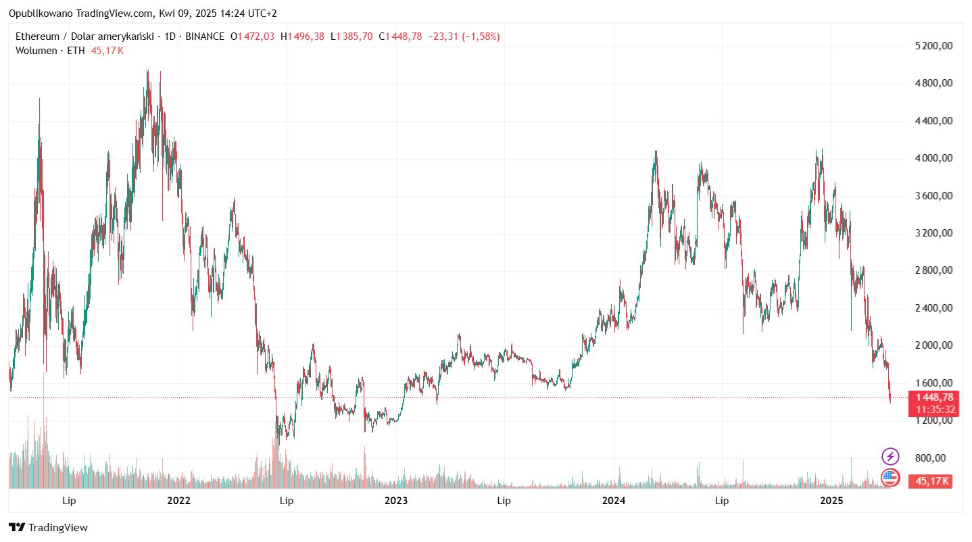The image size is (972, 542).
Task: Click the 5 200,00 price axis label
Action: [x=933, y=46]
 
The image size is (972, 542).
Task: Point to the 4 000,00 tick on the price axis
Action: [x=933, y=158]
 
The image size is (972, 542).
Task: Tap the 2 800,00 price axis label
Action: [x=933, y=270]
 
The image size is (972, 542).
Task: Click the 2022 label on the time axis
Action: [x=178, y=501]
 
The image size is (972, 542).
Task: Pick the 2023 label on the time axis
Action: [x=396, y=501]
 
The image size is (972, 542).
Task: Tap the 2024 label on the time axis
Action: [x=614, y=501]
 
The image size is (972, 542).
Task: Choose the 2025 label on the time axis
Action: [x=831, y=501]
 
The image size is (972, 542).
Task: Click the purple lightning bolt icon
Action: [x=891, y=456]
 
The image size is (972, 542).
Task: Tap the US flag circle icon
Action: [x=891, y=477]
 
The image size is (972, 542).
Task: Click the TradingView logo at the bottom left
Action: [x=49, y=528]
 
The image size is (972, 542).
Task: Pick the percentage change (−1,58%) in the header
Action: [x=481, y=36]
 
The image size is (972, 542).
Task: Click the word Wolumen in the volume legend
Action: [x=37, y=51]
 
